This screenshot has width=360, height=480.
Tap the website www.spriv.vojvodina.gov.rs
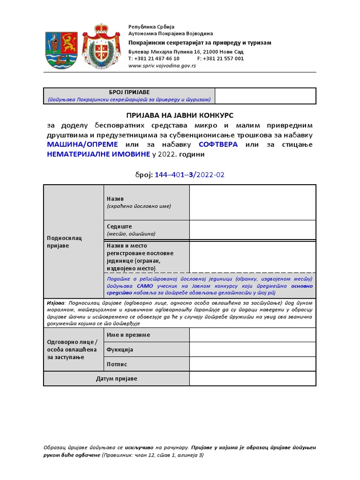(162, 66)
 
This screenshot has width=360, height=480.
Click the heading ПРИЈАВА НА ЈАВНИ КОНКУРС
(180, 115)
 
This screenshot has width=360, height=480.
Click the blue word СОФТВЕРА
(218, 144)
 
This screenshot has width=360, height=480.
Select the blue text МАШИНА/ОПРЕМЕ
(82, 144)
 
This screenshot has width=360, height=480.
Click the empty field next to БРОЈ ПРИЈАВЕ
(265, 96)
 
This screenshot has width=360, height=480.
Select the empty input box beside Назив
(252, 202)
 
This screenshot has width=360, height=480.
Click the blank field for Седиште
(252, 230)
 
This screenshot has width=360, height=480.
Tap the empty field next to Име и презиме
(252, 335)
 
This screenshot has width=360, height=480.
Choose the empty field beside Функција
(252, 349)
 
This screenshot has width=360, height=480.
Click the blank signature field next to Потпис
(252, 364)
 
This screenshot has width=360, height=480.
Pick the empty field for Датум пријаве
(252, 378)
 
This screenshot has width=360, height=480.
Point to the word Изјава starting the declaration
(56, 303)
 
